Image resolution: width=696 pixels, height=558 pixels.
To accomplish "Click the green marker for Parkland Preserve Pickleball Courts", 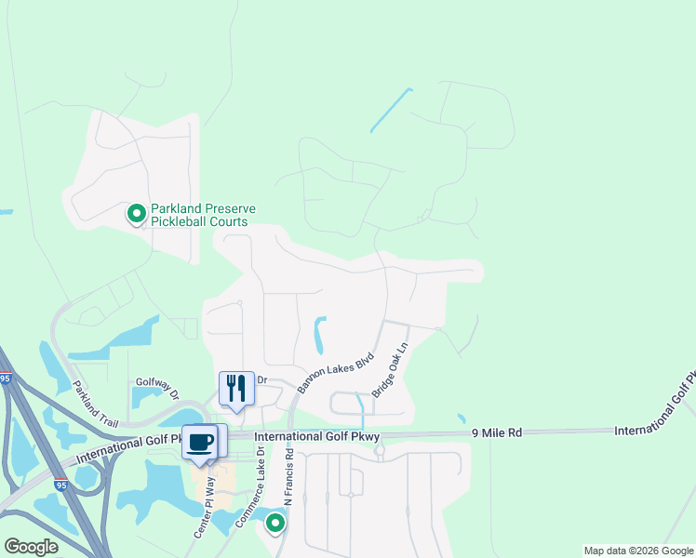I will pos(136,215).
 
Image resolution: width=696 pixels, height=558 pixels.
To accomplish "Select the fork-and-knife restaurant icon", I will pos(236,388).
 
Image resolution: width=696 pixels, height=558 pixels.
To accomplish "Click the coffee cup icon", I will pos(199,441).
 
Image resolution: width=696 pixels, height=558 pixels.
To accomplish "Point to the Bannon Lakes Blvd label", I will pos(335,371).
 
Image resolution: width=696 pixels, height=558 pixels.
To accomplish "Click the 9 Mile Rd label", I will pos(499,432).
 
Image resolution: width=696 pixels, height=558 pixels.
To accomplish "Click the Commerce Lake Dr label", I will pos(250,489).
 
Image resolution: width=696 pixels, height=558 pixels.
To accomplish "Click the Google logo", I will pos(31,547).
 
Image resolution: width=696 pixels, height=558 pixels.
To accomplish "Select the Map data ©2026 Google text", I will pos(638,551).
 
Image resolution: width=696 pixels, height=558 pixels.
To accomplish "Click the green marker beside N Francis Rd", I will pos(274,524).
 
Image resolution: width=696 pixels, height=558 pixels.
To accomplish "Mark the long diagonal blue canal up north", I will pos(391,110).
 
